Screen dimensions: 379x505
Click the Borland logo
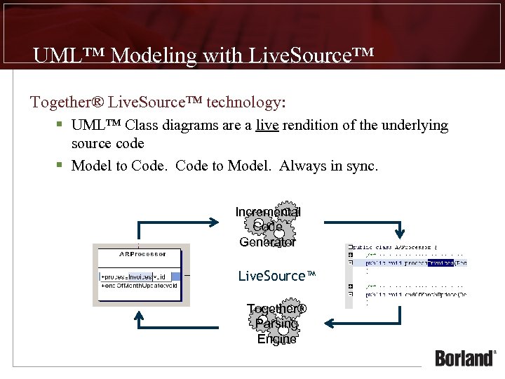[x=465, y=357]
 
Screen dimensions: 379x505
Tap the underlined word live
[x=266, y=126]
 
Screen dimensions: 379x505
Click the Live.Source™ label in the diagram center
[x=277, y=276]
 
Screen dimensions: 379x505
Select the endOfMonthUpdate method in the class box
[x=140, y=286]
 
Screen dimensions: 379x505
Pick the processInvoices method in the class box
[x=137, y=276]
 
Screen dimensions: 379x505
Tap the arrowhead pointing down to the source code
[x=400, y=231]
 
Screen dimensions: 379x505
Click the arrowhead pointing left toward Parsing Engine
[x=328, y=324]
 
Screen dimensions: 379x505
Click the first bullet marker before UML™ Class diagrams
[x=61, y=125]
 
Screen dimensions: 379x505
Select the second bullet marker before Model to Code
[x=61, y=166]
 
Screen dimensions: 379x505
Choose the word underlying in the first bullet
[x=415, y=126]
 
